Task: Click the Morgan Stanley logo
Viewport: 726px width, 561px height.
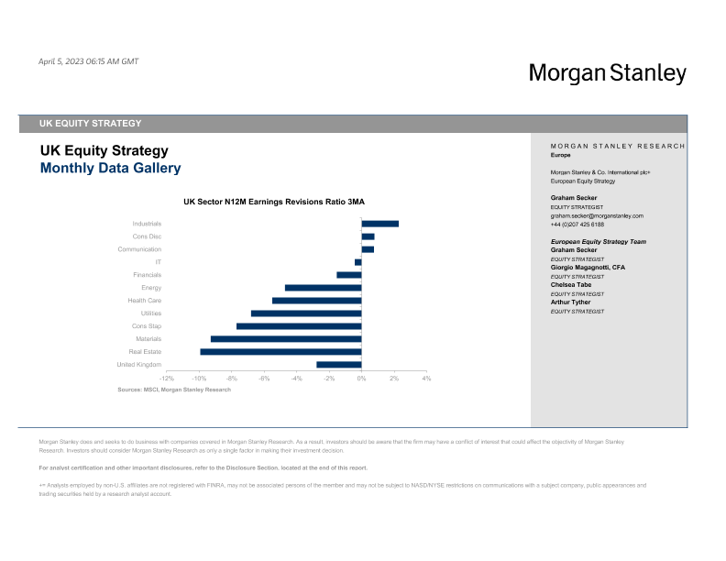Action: pyautogui.click(x=607, y=73)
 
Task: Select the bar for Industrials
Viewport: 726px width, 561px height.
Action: pyautogui.click(x=379, y=224)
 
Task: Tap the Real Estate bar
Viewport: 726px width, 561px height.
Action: pyautogui.click(x=280, y=351)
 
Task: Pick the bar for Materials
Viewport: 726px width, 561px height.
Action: pyautogui.click(x=286, y=339)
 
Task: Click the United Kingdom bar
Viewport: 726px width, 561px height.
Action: pyautogui.click(x=339, y=365)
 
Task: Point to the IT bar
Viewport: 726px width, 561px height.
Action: pyautogui.click(x=358, y=262)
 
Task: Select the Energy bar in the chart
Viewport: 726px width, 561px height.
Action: pyautogui.click(x=323, y=288)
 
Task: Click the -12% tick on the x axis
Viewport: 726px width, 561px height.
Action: pyautogui.click(x=166, y=379)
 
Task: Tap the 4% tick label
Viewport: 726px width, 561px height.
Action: pyautogui.click(x=426, y=379)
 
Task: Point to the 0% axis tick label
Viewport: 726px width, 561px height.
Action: pyautogui.click(x=361, y=379)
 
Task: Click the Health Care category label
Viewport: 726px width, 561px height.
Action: pyautogui.click(x=145, y=301)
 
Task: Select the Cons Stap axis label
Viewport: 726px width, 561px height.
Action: pyautogui.click(x=147, y=326)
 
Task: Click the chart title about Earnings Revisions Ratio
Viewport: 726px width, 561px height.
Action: pyautogui.click(x=274, y=201)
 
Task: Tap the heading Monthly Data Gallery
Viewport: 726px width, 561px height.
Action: pyautogui.click(x=110, y=169)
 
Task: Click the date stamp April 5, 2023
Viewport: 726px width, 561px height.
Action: pyautogui.click(x=88, y=61)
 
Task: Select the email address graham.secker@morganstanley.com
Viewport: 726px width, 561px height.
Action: pyautogui.click(x=597, y=216)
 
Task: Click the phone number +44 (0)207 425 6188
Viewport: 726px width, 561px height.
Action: pyautogui.click(x=577, y=225)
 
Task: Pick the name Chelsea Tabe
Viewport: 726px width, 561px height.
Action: pyautogui.click(x=571, y=284)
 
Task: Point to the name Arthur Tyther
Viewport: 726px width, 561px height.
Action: pyautogui.click(x=571, y=302)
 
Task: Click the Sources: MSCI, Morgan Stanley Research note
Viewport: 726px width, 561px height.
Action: pyautogui.click(x=174, y=390)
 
